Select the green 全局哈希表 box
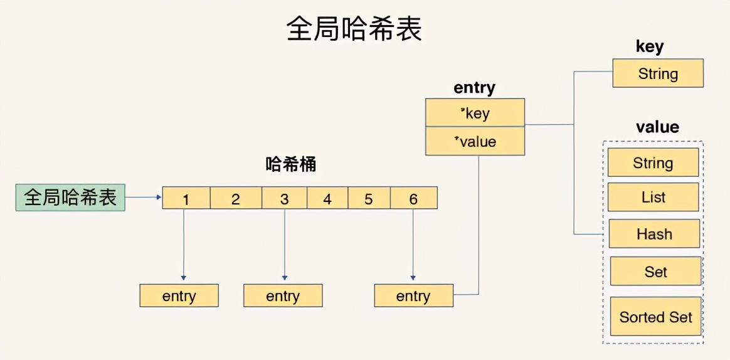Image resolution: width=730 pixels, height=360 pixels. click(70, 198)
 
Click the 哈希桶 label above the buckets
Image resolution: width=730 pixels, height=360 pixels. click(291, 165)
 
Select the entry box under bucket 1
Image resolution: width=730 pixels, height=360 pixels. click(179, 295)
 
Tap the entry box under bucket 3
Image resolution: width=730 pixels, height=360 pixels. click(283, 295)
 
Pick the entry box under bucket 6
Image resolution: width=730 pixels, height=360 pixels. click(413, 295)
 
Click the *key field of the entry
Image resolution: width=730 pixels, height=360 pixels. click(475, 113)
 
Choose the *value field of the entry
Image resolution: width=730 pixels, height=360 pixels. click(475, 142)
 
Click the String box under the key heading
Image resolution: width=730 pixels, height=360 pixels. click(658, 73)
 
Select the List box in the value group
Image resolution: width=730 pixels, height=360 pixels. click(653, 197)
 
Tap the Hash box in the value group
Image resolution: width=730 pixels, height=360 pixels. click(654, 234)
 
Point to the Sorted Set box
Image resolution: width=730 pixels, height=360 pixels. click(655, 317)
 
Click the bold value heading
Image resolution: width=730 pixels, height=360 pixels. click(657, 127)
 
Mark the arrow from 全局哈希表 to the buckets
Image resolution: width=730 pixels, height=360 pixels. click(144, 198)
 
